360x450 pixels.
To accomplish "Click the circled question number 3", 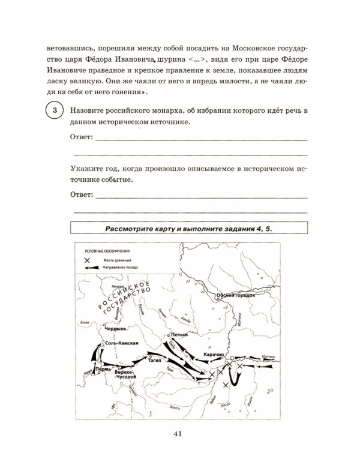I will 55,111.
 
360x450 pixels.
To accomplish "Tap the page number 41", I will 179,434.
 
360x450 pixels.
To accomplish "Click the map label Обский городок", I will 236,295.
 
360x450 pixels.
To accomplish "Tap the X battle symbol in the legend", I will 87,259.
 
